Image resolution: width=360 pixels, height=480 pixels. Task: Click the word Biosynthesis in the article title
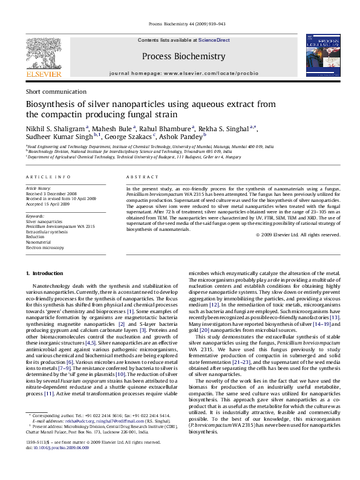[x=53, y=104]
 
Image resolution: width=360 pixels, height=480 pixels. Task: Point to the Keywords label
[x=35, y=216]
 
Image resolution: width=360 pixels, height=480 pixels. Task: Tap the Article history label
[x=38, y=189]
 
